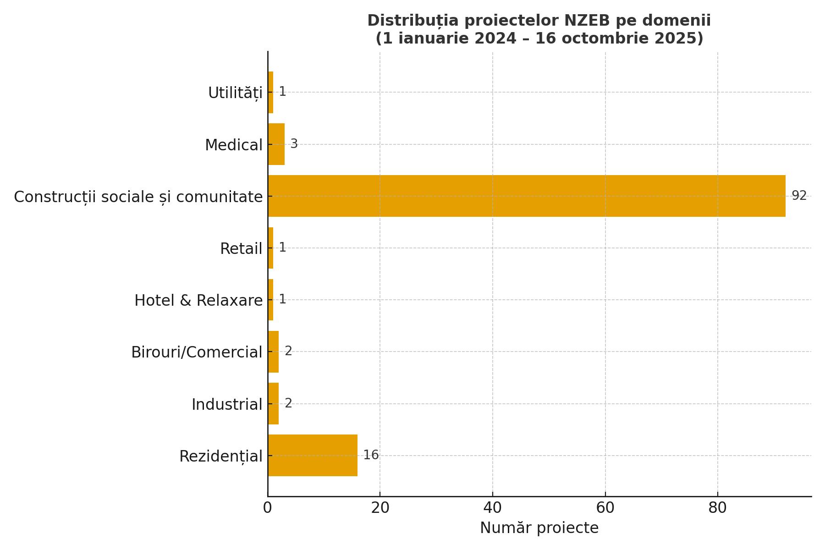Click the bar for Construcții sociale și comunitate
pos(526,196)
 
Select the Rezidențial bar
pos(313,456)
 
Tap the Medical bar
pos(276,144)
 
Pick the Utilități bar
pos(271,93)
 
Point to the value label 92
pos(799,196)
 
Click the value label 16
pos(371,455)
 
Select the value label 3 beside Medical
pos(294,144)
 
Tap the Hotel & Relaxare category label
pos(198,301)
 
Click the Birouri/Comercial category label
pos(197,352)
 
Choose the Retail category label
pos(241,249)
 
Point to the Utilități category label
pos(235,93)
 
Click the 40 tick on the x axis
pos(493,508)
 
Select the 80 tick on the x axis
pos(717,508)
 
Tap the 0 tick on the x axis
pos(268,508)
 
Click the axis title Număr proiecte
pos(539,528)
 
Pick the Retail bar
pos(271,248)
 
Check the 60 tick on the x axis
pos(605,508)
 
